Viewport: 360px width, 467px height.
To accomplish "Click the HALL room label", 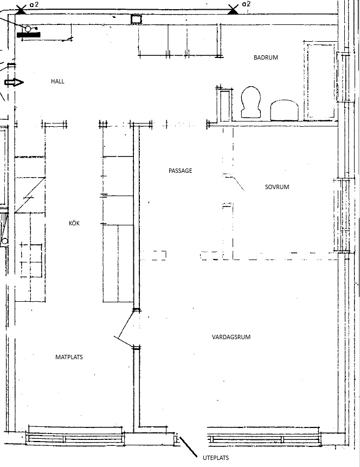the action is pyautogui.click(x=57, y=81).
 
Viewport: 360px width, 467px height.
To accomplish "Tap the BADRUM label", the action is pyautogui.click(x=266, y=57).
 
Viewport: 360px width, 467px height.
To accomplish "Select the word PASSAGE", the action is pyautogui.click(x=181, y=171).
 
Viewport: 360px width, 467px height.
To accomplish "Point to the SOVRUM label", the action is pyautogui.click(x=277, y=187).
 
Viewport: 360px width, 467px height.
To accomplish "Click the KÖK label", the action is pyautogui.click(x=74, y=223).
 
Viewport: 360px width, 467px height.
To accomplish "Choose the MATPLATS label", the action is pyautogui.click(x=69, y=357).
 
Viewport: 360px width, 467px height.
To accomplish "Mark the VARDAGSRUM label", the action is pyautogui.click(x=232, y=337).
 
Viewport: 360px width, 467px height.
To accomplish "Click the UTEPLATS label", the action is pyautogui.click(x=216, y=458).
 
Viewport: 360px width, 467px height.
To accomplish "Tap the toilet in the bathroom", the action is pyautogui.click(x=251, y=102).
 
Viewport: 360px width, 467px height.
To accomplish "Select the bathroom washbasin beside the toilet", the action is pyautogui.click(x=284, y=110).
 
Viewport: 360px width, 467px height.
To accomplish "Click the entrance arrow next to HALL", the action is pyautogui.click(x=14, y=82).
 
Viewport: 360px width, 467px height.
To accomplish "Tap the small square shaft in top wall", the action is pyautogui.click(x=137, y=19).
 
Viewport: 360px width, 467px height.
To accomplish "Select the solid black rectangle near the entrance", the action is pyautogui.click(x=29, y=35).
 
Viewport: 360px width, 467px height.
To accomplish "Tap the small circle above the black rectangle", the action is pyautogui.click(x=28, y=29).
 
